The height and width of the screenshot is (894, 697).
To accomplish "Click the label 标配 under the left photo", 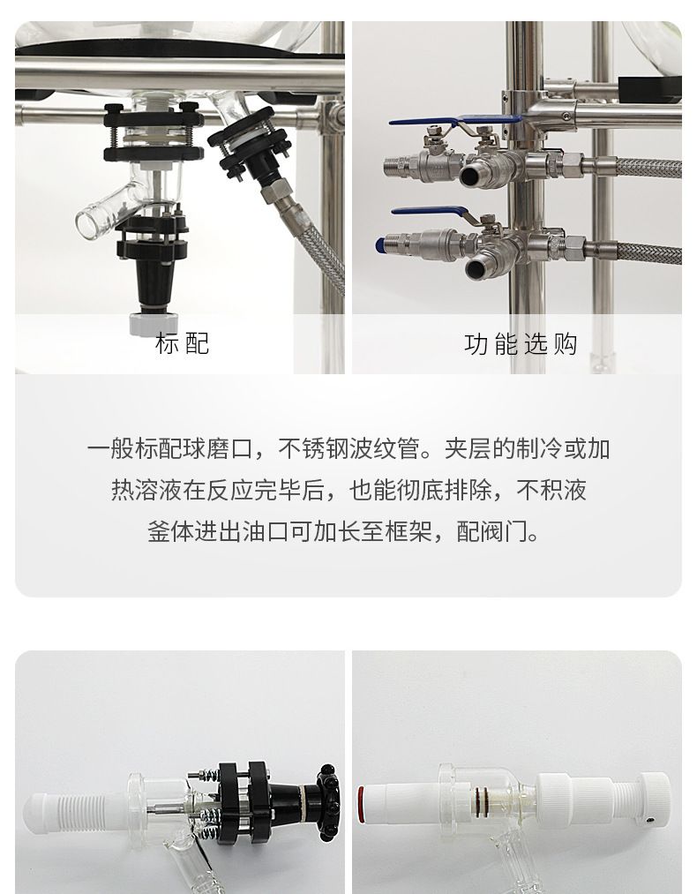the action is click(182, 343).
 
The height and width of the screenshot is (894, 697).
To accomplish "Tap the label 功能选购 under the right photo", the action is click(521, 344).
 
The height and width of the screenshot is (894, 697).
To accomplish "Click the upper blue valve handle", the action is click(455, 120).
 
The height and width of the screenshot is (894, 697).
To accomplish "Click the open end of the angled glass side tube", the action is click(86, 223).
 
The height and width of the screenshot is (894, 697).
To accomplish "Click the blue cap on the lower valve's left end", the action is click(379, 245).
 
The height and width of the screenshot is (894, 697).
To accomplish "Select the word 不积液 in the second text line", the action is click(551, 490).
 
